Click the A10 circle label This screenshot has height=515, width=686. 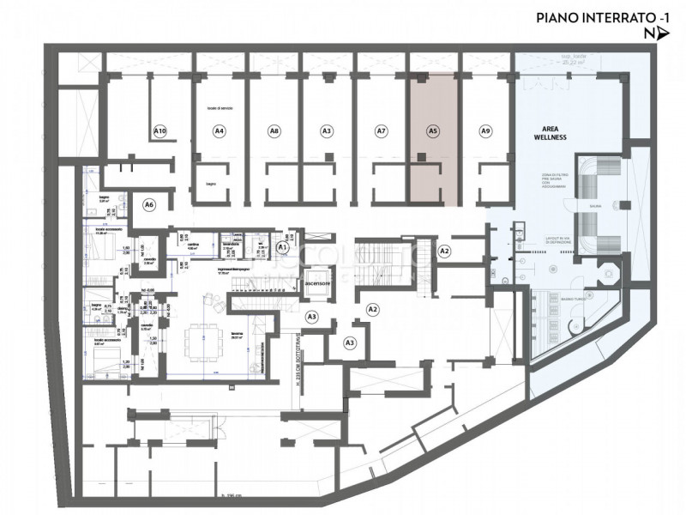point(159,131)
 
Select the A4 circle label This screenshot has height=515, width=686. point(220,131)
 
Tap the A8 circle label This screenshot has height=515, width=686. point(274,131)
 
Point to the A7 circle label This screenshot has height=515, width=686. point(382,131)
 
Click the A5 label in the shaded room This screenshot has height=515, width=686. point(433,131)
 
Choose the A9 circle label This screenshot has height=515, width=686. point(485,131)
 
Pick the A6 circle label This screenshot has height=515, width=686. point(149,205)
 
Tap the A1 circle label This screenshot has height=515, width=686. point(283,247)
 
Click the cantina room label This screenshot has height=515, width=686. point(196,245)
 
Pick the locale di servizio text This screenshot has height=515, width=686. point(220,108)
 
